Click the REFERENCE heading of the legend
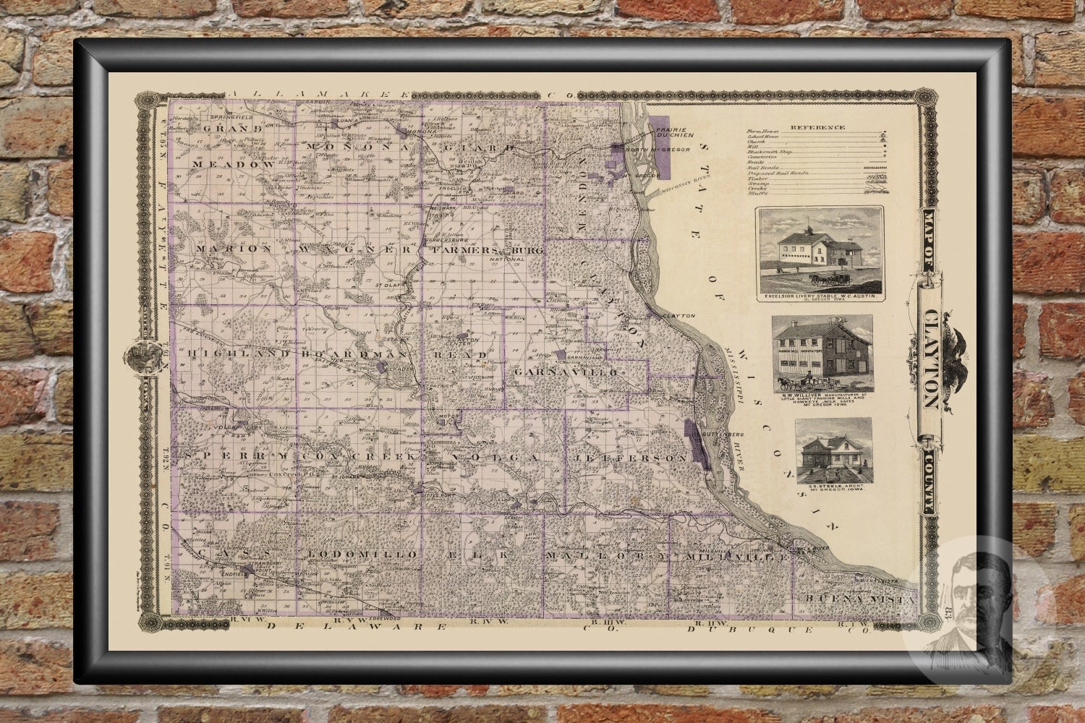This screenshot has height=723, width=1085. (x=817, y=127)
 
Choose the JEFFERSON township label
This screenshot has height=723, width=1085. (x=628, y=458)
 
